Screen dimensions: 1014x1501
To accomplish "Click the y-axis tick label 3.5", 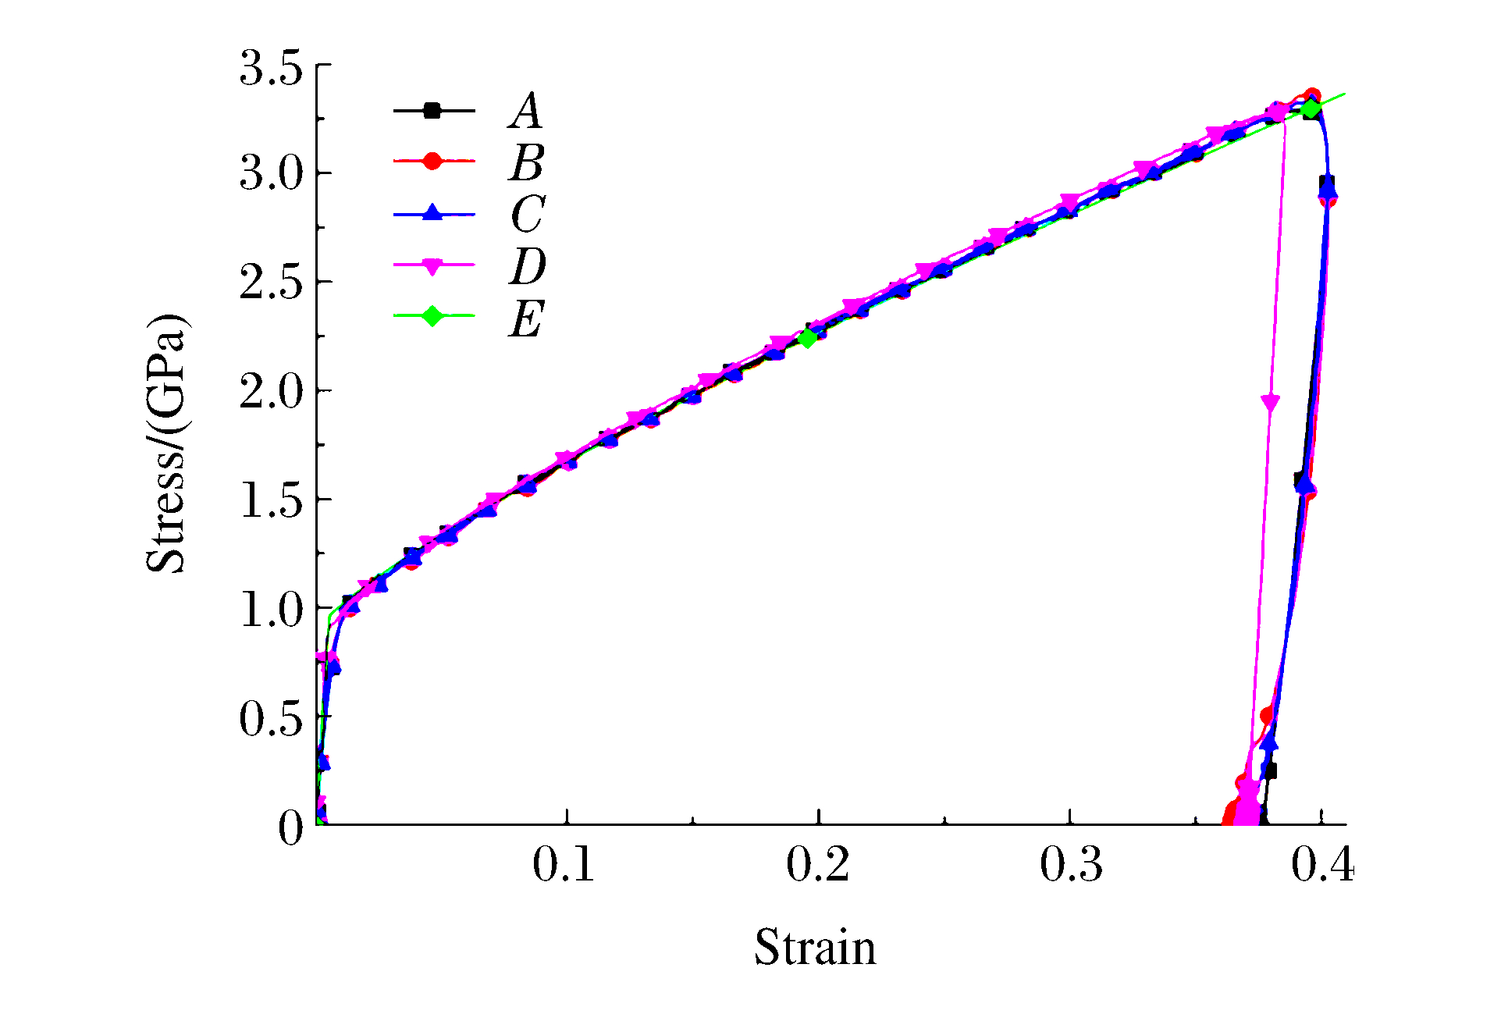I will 270,67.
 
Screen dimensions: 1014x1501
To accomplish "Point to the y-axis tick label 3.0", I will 270,173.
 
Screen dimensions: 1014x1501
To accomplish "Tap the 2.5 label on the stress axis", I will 270,283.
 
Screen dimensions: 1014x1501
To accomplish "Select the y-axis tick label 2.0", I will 270,391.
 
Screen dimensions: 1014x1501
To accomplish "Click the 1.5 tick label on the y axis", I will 270,500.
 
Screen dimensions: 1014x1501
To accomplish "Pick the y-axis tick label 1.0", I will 270,609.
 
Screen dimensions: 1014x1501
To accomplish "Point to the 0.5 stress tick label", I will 270,718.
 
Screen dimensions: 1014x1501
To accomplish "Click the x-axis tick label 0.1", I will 564,865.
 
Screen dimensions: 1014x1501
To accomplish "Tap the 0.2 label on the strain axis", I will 817,865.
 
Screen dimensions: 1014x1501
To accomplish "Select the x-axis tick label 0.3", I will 1071,865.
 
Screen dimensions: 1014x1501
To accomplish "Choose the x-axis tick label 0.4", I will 1322,865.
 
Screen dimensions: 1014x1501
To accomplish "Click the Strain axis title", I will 815,948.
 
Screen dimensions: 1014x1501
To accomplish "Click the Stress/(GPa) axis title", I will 166,443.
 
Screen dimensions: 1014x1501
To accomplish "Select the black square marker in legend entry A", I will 432,111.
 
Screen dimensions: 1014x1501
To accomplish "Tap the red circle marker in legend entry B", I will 432,161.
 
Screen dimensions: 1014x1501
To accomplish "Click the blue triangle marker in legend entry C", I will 432,212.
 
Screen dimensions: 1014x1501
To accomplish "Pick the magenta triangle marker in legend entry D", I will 432,265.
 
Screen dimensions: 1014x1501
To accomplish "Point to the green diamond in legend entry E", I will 432,316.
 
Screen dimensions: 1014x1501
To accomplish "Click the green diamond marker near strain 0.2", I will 807,338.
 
